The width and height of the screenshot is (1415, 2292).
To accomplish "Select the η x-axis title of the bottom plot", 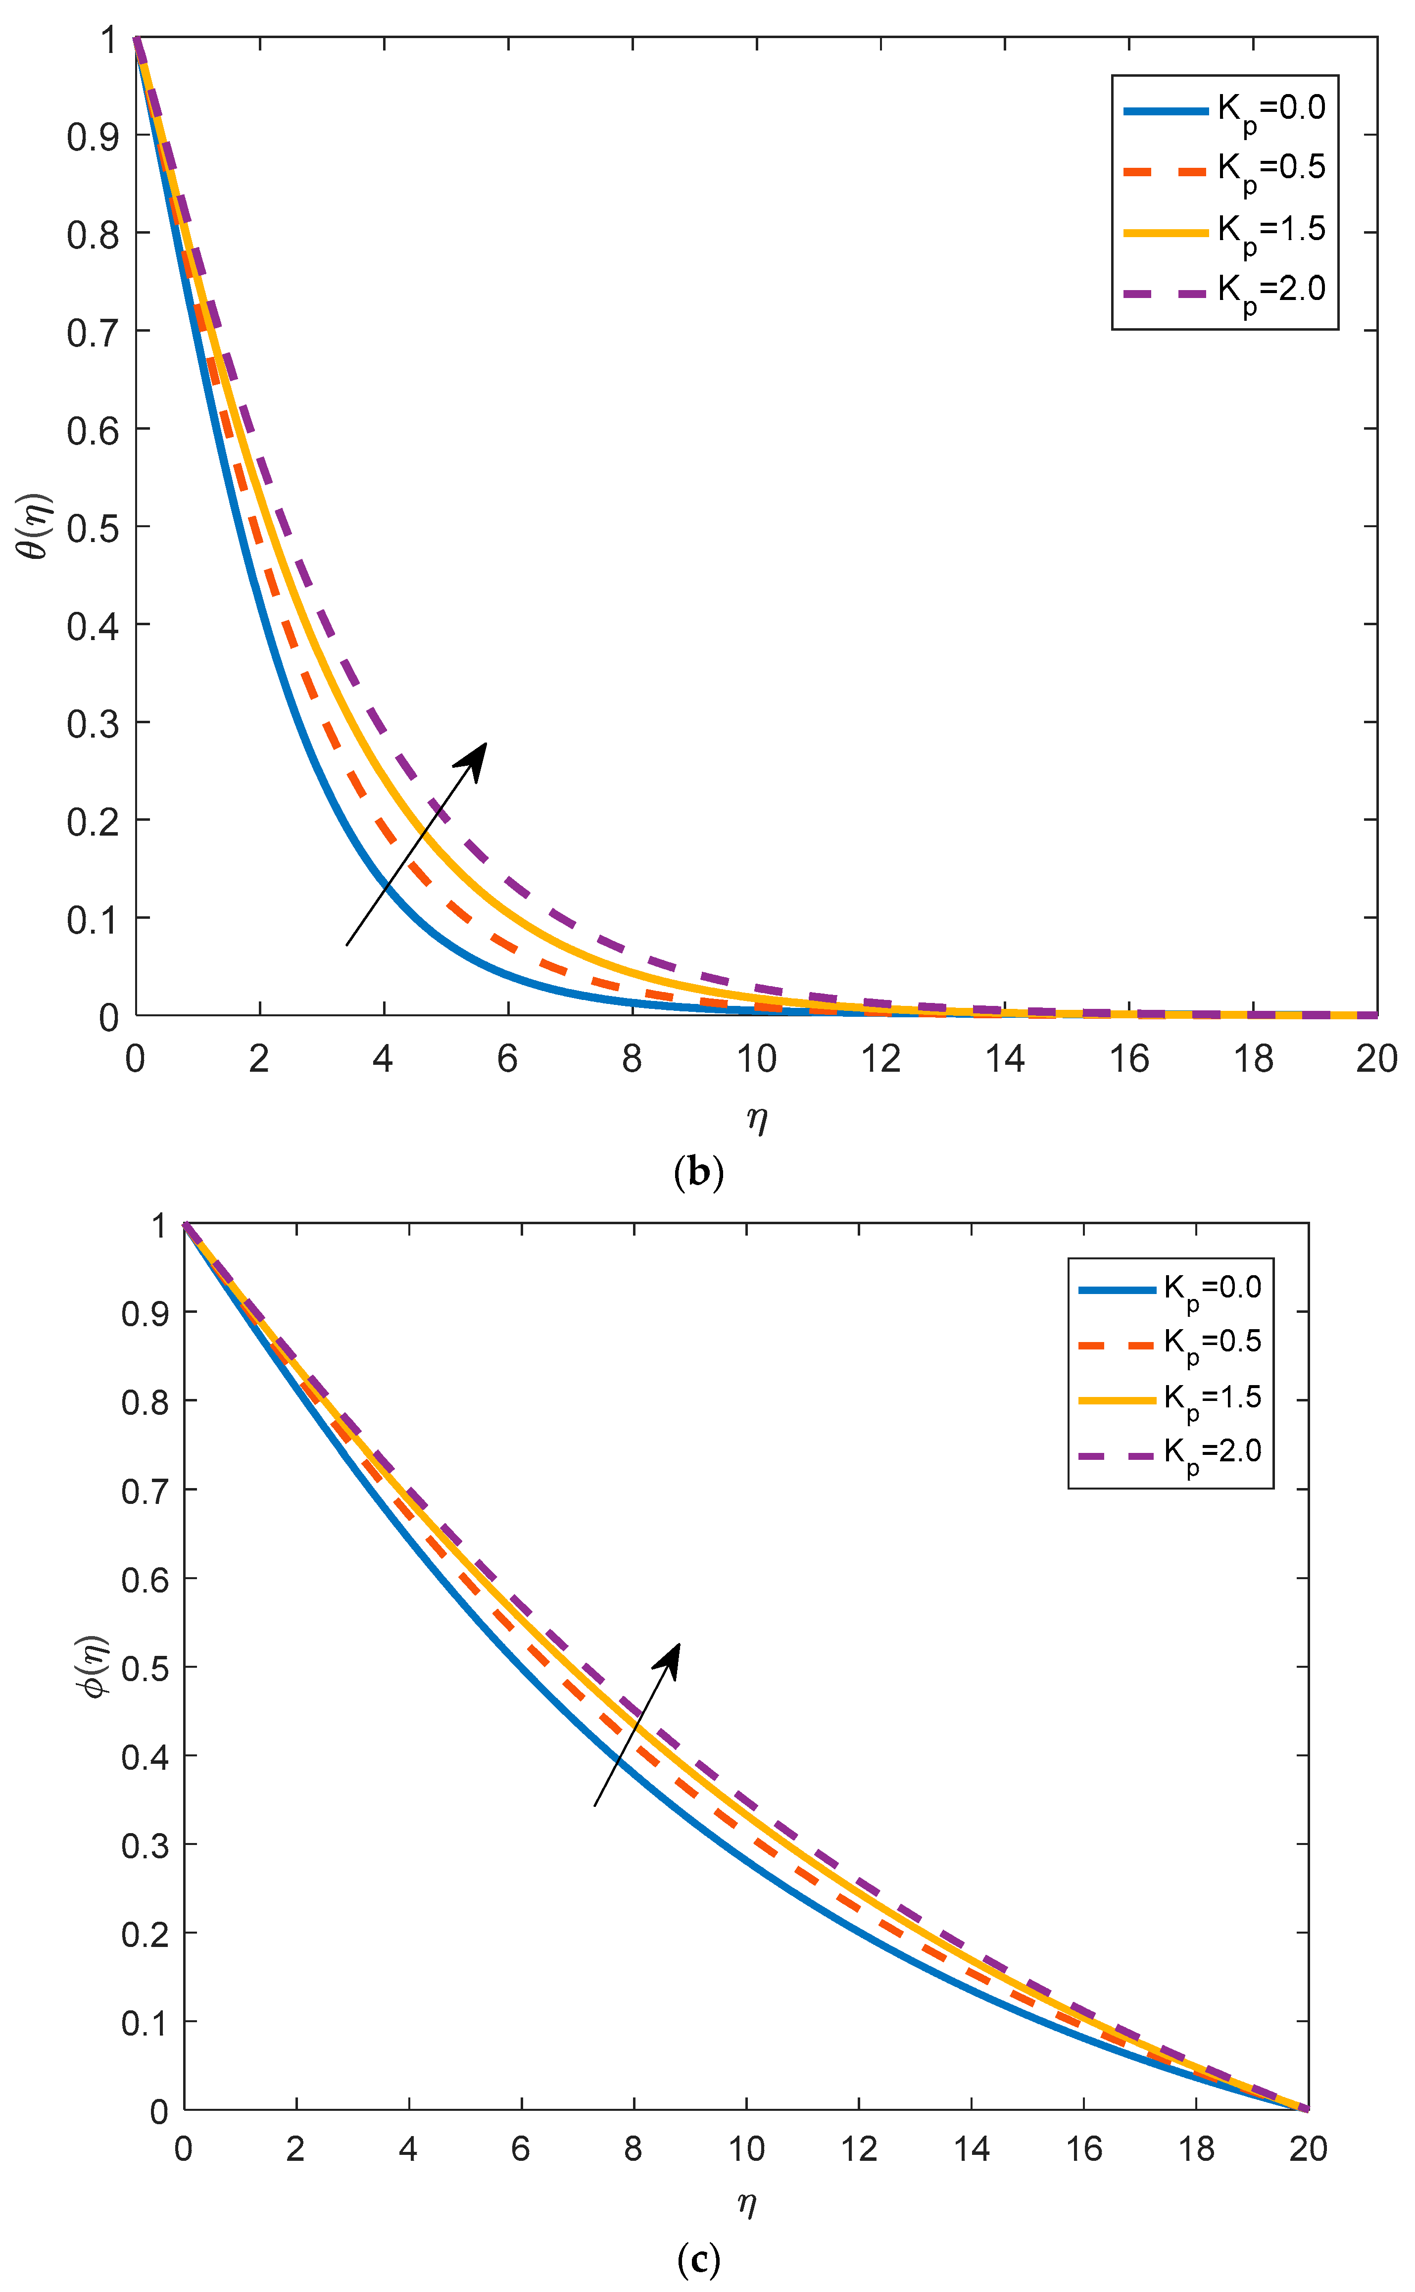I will pyautogui.click(x=746, y=2202).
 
